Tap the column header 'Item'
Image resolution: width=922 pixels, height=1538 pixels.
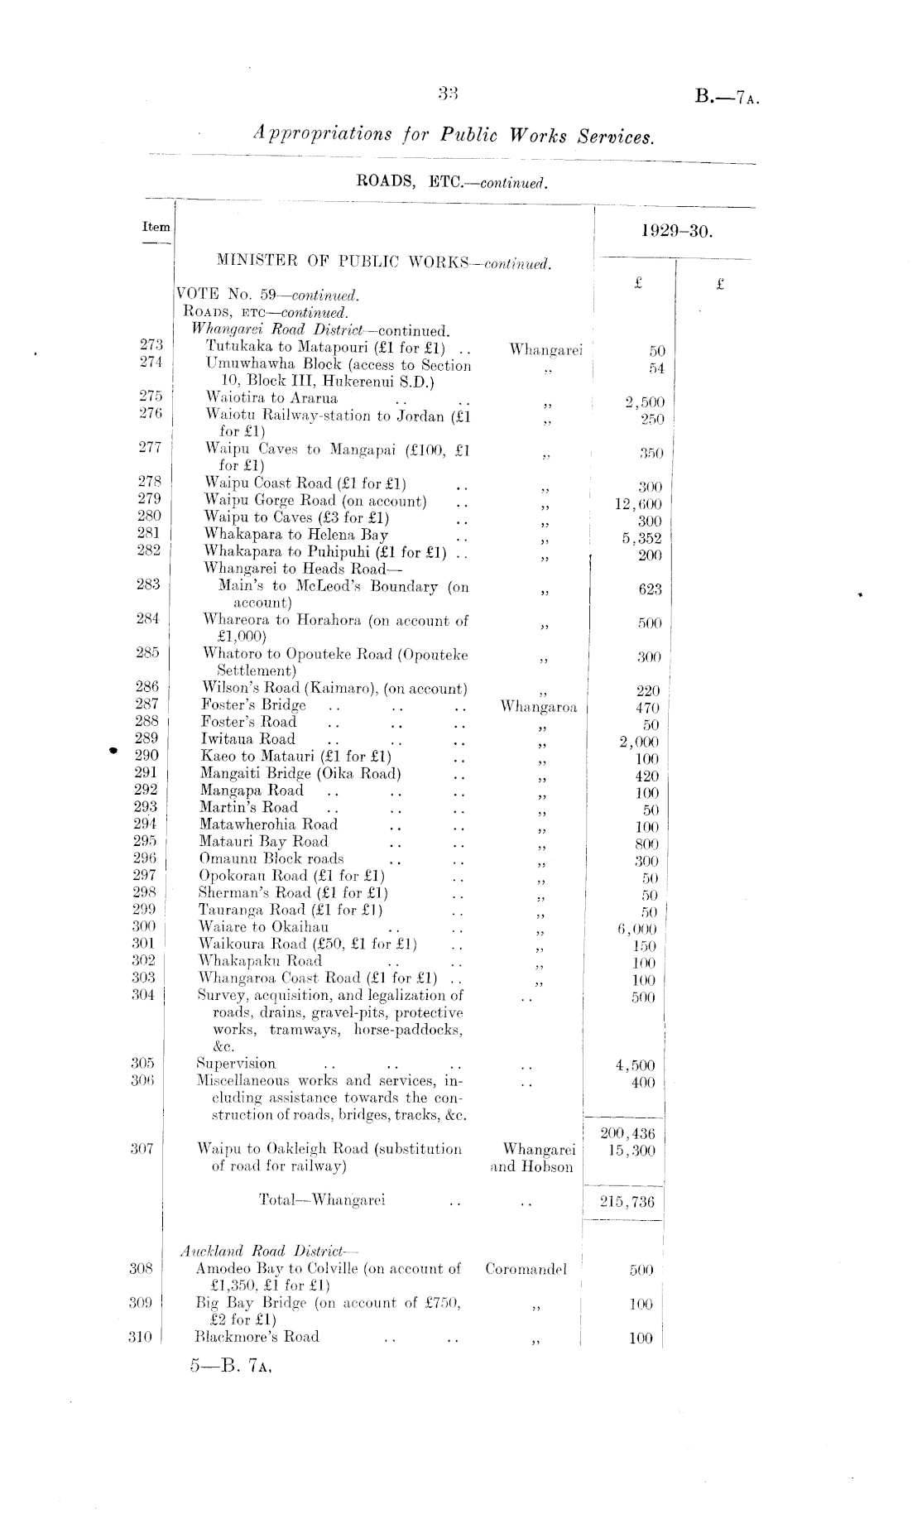pos(156,227)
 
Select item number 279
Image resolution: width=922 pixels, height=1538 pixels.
pos(149,499)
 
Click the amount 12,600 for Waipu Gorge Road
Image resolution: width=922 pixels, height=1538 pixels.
pos(638,503)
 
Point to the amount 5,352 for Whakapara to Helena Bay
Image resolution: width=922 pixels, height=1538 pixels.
pos(641,538)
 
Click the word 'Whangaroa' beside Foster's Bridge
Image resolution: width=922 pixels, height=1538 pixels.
pos(539,707)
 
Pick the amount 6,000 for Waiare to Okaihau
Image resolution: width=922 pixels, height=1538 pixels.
pos(637,929)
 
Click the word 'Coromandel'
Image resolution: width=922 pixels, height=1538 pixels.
pos(526,1269)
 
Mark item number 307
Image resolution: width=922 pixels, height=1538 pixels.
pos(142,1149)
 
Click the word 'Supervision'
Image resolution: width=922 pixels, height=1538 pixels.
pos(236,1064)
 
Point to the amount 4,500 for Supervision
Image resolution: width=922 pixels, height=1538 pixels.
pos(636,1065)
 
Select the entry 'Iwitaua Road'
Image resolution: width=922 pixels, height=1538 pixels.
pos(247,739)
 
